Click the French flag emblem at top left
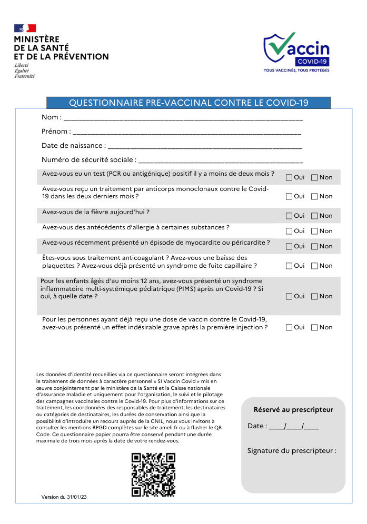(x=25, y=28)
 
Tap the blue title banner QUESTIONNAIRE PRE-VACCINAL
(x=189, y=103)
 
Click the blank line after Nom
(x=183, y=118)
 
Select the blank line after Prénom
(x=186, y=132)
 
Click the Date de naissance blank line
(x=205, y=146)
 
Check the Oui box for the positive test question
(x=289, y=177)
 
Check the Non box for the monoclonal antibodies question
(x=314, y=197)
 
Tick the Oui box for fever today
(x=289, y=216)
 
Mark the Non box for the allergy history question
(x=314, y=231)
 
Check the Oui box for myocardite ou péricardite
(x=289, y=246)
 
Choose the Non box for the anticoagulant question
(x=314, y=266)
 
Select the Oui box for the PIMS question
(x=289, y=296)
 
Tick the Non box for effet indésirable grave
(x=314, y=327)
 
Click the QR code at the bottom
(x=153, y=475)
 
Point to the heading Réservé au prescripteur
(x=293, y=409)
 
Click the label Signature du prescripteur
(x=292, y=450)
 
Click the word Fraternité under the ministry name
(x=25, y=76)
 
